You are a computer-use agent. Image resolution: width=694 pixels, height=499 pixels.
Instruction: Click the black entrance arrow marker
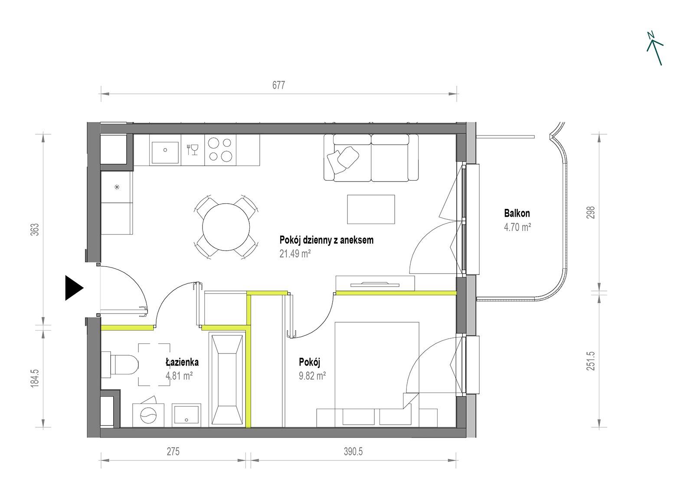(x=74, y=288)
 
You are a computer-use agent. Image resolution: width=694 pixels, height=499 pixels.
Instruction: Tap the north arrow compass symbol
(x=655, y=48)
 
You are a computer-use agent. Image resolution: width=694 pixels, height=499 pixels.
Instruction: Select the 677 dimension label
(x=278, y=85)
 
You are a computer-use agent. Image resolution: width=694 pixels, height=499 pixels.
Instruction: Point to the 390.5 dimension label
(x=353, y=451)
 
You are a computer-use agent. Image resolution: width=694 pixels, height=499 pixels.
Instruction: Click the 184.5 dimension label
(x=35, y=378)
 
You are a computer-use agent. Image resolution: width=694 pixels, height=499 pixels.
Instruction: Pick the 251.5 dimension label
(x=590, y=361)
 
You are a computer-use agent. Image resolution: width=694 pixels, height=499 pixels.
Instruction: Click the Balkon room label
(x=517, y=213)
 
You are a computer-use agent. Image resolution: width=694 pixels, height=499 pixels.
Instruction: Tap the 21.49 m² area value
(x=295, y=253)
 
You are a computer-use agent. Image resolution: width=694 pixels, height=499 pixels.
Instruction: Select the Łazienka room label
(x=182, y=362)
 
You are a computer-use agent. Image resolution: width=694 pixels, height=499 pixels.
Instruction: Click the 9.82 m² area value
(x=312, y=376)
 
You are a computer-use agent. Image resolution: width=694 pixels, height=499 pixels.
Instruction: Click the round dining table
(x=226, y=227)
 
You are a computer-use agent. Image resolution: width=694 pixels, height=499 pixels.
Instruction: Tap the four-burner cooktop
(x=220, y=150)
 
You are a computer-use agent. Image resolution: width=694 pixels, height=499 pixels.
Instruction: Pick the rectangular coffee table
(x=371, y=209)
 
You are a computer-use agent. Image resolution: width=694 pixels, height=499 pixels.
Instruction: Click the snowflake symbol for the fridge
(x=117, y=187)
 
